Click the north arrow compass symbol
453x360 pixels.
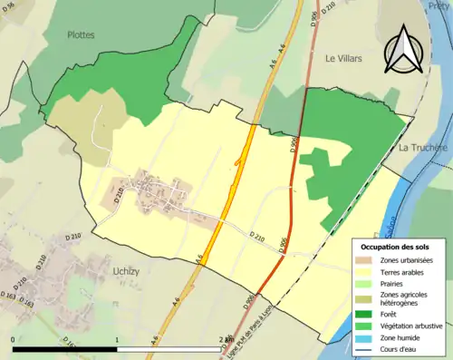(x=401, y=49)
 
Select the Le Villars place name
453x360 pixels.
(x=343, y=58)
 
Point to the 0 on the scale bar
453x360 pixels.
(x=14, y=339)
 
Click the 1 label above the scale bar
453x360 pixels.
(x=117, y=339)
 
